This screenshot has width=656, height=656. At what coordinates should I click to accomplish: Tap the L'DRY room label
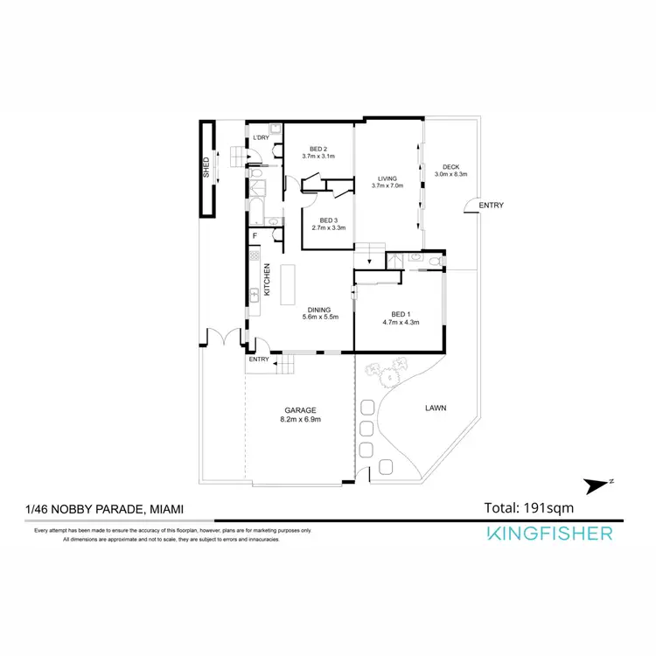[260, 138]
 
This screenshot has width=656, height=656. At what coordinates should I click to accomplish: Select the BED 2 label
[318, 149]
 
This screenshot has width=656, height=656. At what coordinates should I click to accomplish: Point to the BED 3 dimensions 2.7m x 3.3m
[328, 228]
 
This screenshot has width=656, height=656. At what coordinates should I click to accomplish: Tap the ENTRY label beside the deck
[492, 206]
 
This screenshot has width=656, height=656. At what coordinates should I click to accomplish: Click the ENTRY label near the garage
[259, 359]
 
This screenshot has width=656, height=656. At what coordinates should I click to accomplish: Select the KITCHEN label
[269, 281]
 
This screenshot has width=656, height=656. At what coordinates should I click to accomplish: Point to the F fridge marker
[255, 235]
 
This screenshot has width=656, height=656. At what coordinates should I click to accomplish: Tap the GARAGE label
[300, 410]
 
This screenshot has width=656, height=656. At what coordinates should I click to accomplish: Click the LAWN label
[435, 407]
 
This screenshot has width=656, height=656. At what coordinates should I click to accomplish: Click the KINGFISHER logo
[550, 534]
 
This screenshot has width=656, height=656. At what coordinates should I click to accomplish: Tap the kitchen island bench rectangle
[290, 283]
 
